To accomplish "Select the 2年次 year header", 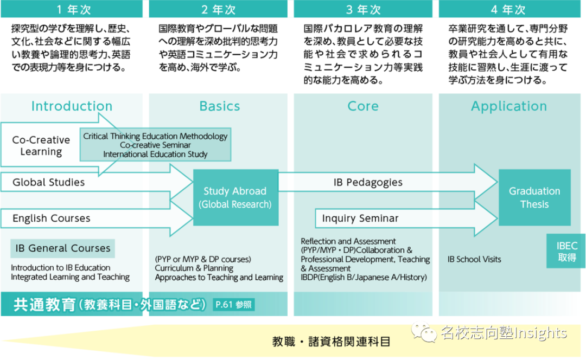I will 219,10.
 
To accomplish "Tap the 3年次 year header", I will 363,10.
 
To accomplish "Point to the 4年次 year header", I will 508,10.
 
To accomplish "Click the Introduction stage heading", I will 72,106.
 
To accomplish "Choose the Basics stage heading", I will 220,106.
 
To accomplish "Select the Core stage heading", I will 363,106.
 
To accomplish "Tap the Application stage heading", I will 509,106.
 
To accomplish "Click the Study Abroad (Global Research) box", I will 235,197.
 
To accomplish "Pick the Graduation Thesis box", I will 534,197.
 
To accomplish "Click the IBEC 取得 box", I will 567,252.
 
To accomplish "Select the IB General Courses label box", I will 63,248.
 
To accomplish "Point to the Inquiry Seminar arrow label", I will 360,218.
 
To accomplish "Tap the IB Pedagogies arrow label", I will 368,182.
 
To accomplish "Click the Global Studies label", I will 49,182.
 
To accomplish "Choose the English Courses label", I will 52,218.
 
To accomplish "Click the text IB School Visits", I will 474,259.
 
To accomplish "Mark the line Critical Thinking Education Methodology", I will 155,136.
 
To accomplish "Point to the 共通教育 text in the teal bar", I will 44,305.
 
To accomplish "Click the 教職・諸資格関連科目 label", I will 331,342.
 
